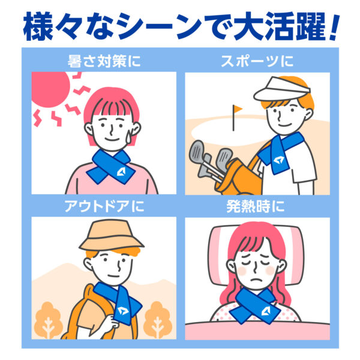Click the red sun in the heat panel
pos(49,88)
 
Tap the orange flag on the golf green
pos(238,109)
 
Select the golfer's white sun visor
pos(282,89)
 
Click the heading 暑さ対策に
pos(104,61)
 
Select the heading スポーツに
pos(257,61)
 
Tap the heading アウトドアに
pos(104,206)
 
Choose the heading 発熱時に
pos(256,206)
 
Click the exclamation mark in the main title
pos(332,27)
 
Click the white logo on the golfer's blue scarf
pos(278,160)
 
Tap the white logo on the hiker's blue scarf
pos(123,311)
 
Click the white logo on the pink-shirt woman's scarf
pos(121,172)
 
